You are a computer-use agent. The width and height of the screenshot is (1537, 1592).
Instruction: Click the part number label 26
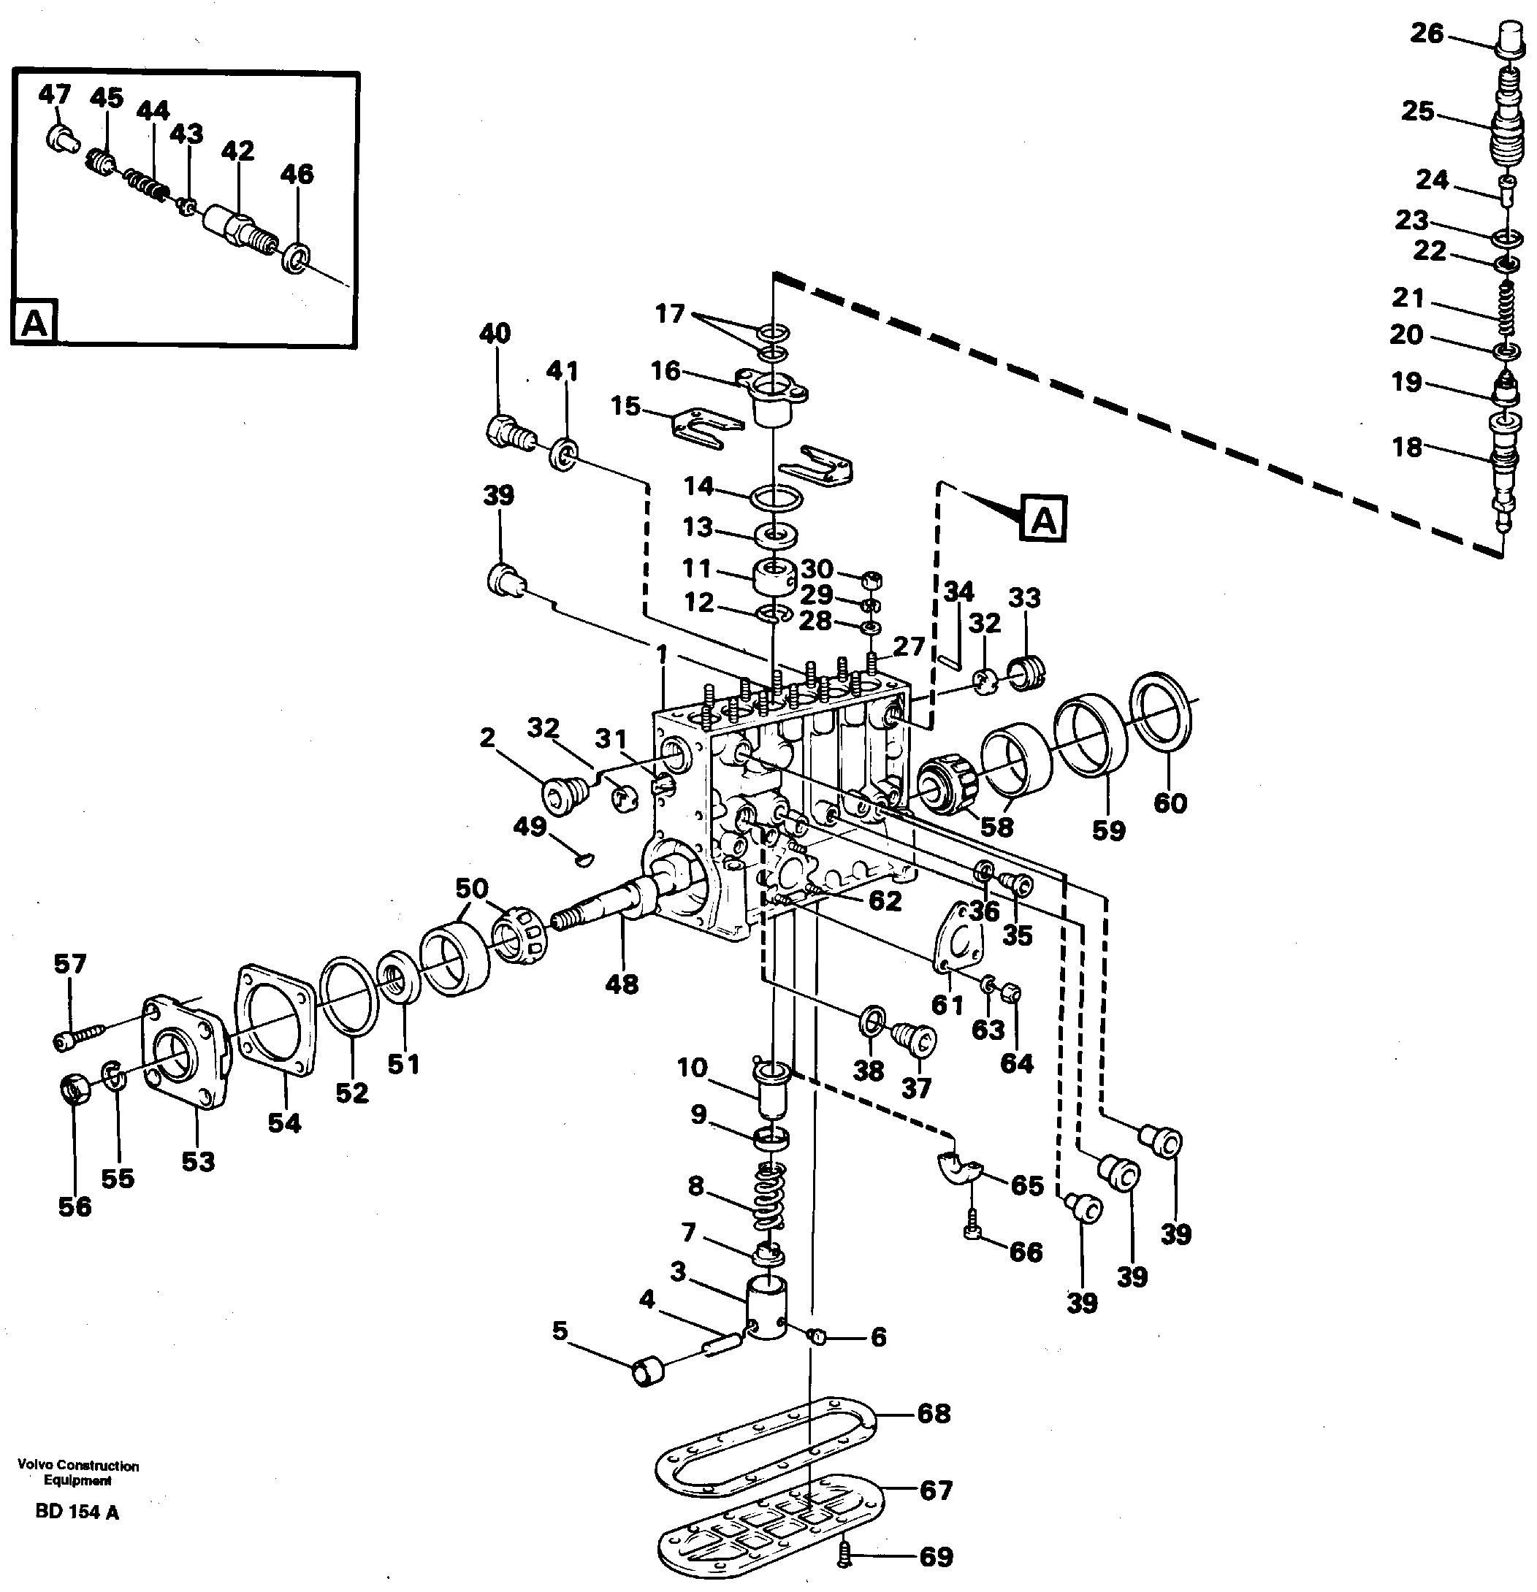[1427, 34]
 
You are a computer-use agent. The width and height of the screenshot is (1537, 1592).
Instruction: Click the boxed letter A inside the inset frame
[34, 323]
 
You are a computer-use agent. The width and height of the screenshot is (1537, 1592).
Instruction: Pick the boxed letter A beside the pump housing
[1044, 518]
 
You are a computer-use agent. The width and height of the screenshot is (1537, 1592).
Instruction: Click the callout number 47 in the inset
[55, 95]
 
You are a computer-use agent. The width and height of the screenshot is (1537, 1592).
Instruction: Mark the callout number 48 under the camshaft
[622, 984]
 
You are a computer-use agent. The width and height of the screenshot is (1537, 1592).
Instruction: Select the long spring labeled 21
[1506, 309]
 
